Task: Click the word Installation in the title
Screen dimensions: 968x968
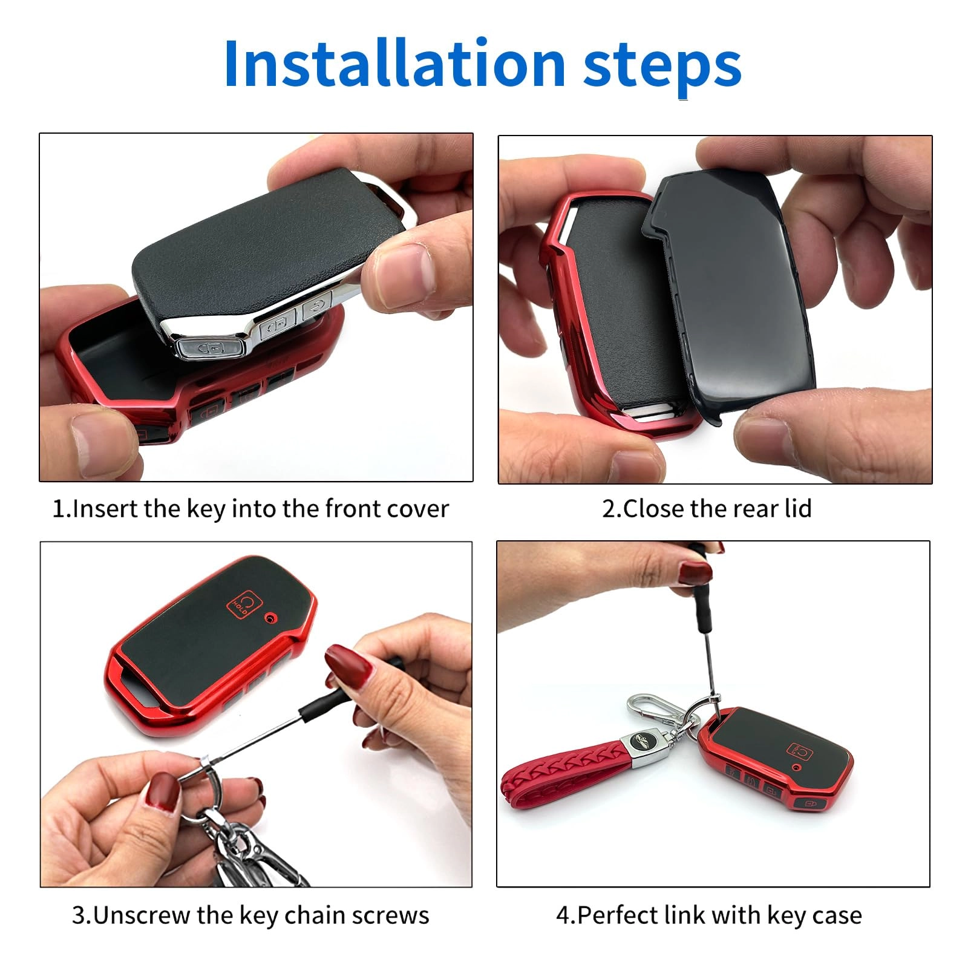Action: [393, 64]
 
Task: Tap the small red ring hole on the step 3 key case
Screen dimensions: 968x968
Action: [270, 618]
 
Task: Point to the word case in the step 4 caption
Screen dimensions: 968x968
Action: [837, 915]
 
